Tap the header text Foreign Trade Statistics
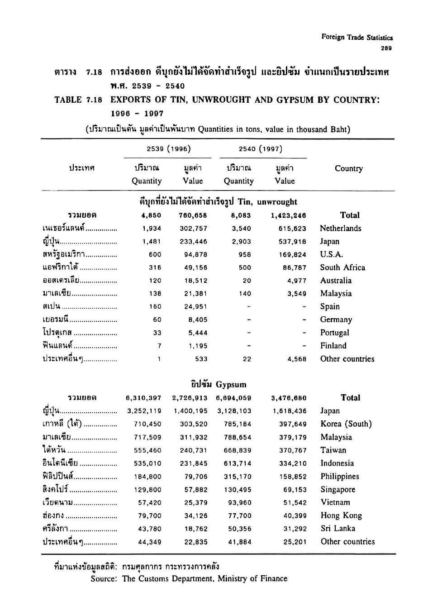357,38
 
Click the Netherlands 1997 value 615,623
292,229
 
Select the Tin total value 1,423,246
289,215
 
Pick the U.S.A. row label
331,254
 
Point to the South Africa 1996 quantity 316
155,267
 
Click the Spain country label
330,306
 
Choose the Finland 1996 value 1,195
198,346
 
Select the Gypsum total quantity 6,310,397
143,398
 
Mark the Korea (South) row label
346,424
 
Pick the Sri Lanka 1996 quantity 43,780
150,529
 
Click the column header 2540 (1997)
261,149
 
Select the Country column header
348,168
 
